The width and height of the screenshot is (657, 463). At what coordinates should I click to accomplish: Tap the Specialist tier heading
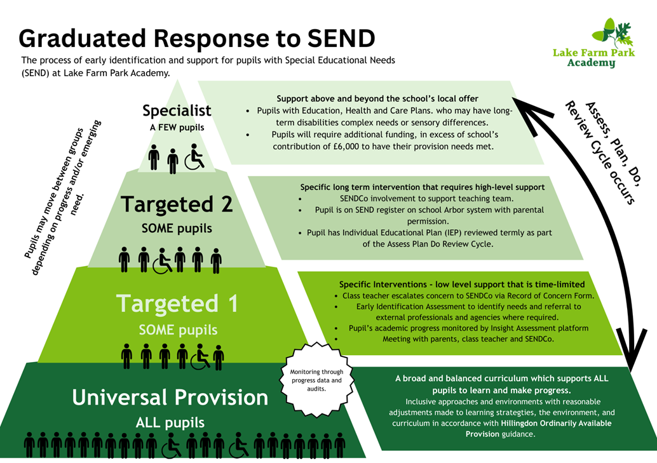(177, 111)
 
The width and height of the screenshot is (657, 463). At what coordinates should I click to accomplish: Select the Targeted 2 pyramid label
(177, 205)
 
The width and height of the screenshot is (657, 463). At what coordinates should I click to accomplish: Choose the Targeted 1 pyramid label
(177, 304)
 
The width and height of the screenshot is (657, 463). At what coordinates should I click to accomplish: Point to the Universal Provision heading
(170, 398)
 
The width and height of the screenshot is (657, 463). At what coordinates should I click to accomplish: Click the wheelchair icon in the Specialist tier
(194, 159)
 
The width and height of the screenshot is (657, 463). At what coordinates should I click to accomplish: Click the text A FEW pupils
(177, 128)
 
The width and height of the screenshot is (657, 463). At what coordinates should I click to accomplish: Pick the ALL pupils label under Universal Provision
(170, 422)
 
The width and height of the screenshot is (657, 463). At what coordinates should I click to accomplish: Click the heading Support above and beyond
(377, 98)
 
